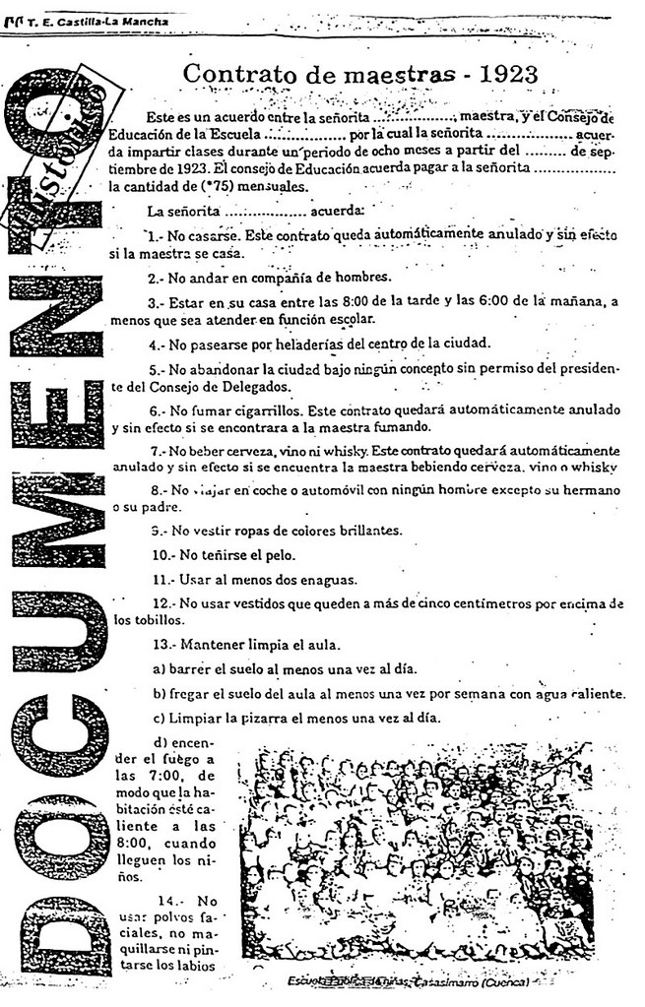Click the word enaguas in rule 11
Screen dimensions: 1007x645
315,578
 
